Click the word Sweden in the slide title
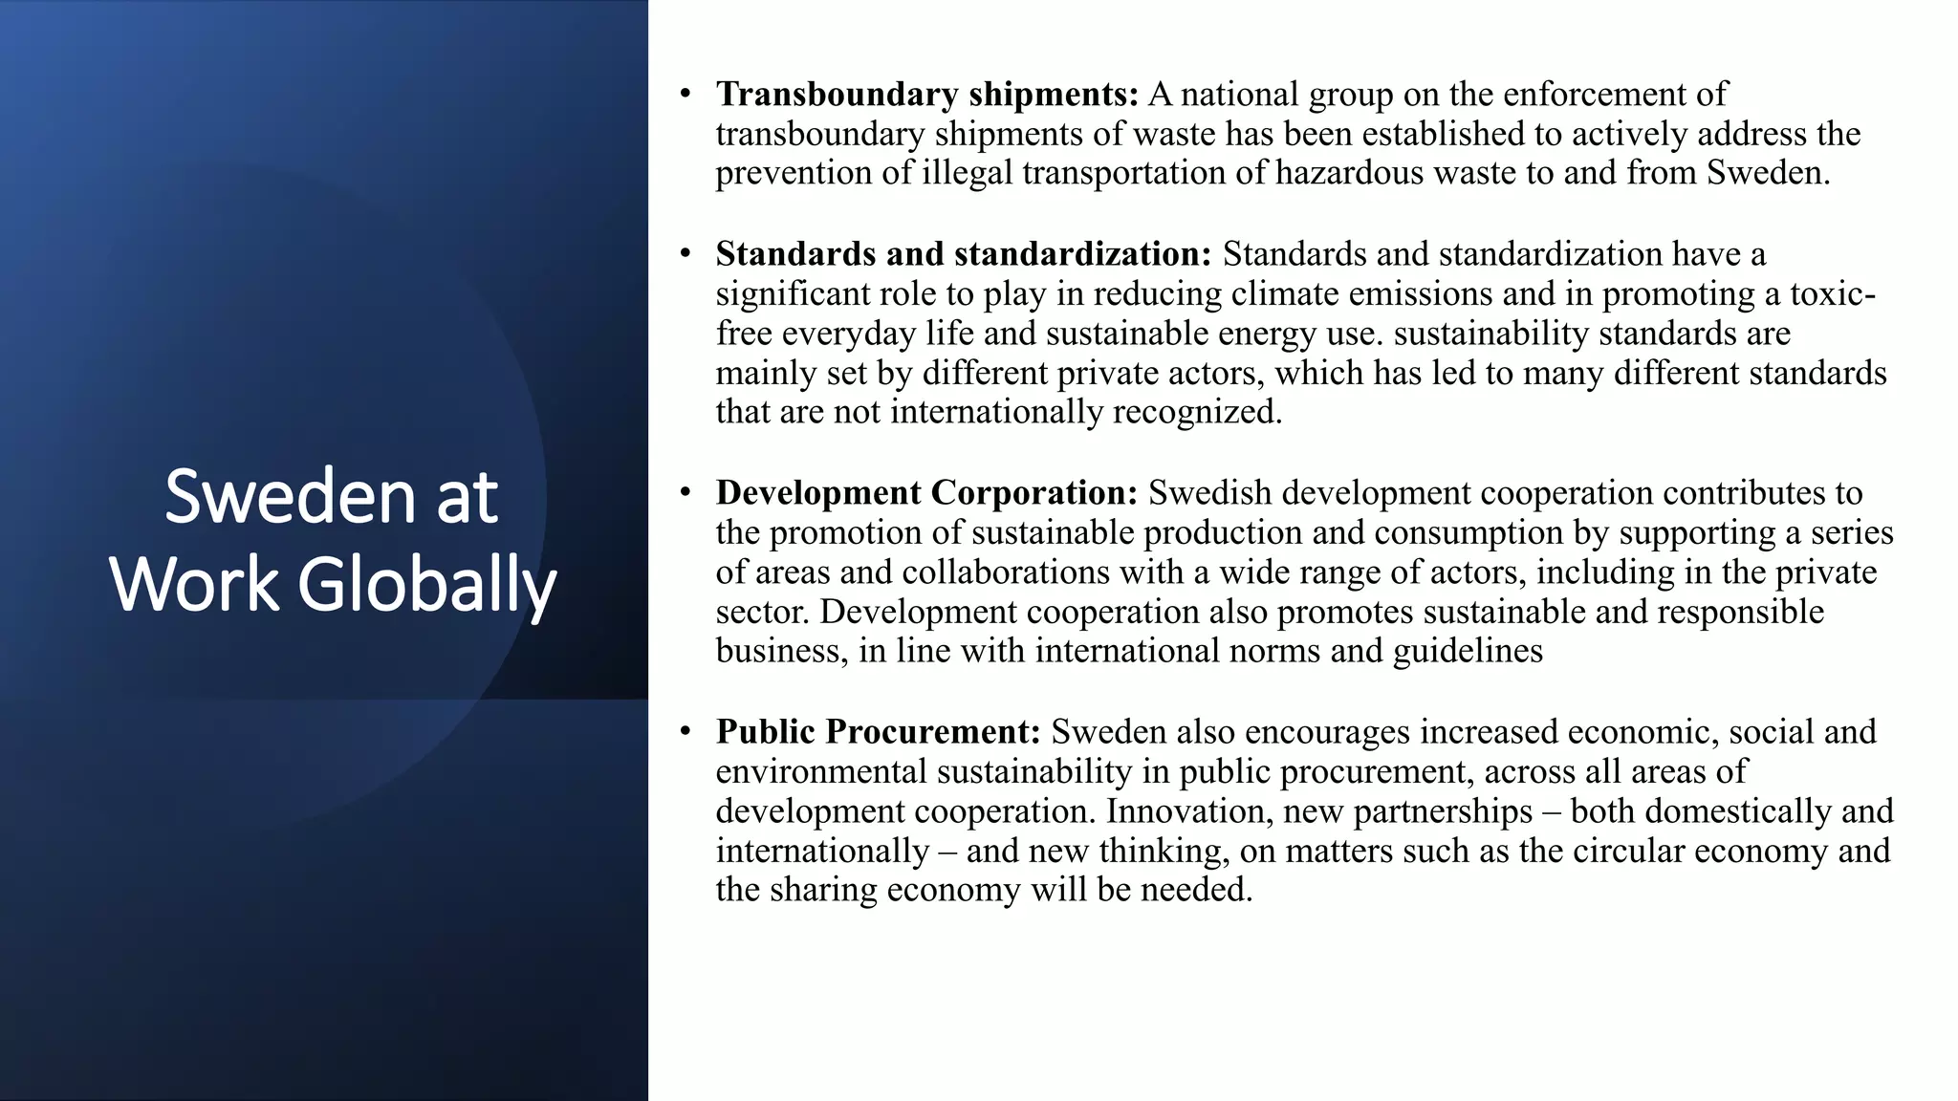point(290,497)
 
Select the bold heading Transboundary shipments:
point(926,94)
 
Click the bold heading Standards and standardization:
point(963,253)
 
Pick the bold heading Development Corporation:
point(926,492)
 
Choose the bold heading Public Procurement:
point(878,731)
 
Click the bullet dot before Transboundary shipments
point(685,94)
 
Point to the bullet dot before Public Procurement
point(685,731)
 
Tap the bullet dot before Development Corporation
point(685,492)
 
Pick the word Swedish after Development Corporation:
point(1209,492)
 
